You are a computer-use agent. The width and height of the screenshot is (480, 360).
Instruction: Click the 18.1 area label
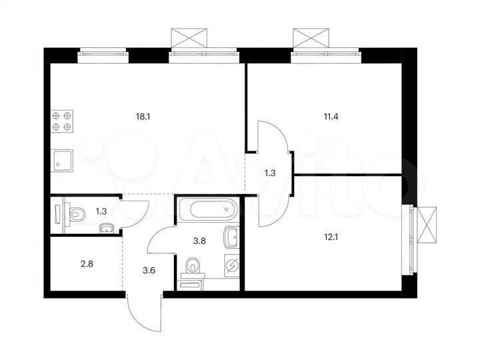(143, 116)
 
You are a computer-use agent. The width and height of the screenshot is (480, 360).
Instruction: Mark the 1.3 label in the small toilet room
(101, 211)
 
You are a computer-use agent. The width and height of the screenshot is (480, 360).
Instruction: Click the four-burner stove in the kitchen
(61, 121)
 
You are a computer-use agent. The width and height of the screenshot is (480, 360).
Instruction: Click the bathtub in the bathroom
(208, 211)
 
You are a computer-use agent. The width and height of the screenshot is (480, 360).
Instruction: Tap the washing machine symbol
(231, 265)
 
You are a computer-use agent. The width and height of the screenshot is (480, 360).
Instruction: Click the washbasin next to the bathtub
(231, 236)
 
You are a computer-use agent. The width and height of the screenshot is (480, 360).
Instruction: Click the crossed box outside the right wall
(427, 226)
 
